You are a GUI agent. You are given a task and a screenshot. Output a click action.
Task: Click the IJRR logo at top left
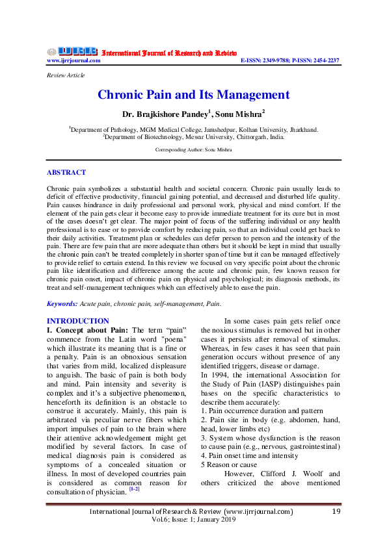pyautogui.click(x=72, y=51)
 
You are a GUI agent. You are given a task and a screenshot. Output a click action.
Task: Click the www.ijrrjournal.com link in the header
pyautogui.click(x=73, y=60)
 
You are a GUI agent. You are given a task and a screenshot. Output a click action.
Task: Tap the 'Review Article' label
pyautogui.click(x=64, y=75)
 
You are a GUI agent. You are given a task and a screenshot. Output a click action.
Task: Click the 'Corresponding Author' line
pyautogui.click(x=193, y=149)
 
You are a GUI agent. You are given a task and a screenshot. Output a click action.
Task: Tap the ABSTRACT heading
pyautogui.click(x=66, y=173)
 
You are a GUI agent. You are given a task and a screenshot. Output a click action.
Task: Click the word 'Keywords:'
pyautogui.click(x=62, y=304)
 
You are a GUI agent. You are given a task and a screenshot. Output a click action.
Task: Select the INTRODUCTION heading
pyautogui.click(x=78, y=321)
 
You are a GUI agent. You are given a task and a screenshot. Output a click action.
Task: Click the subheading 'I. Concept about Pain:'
pyautogui.click(x=80, y=331)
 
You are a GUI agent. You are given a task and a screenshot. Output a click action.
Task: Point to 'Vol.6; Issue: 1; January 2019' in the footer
pyautogui.click(x=193, y=521)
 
